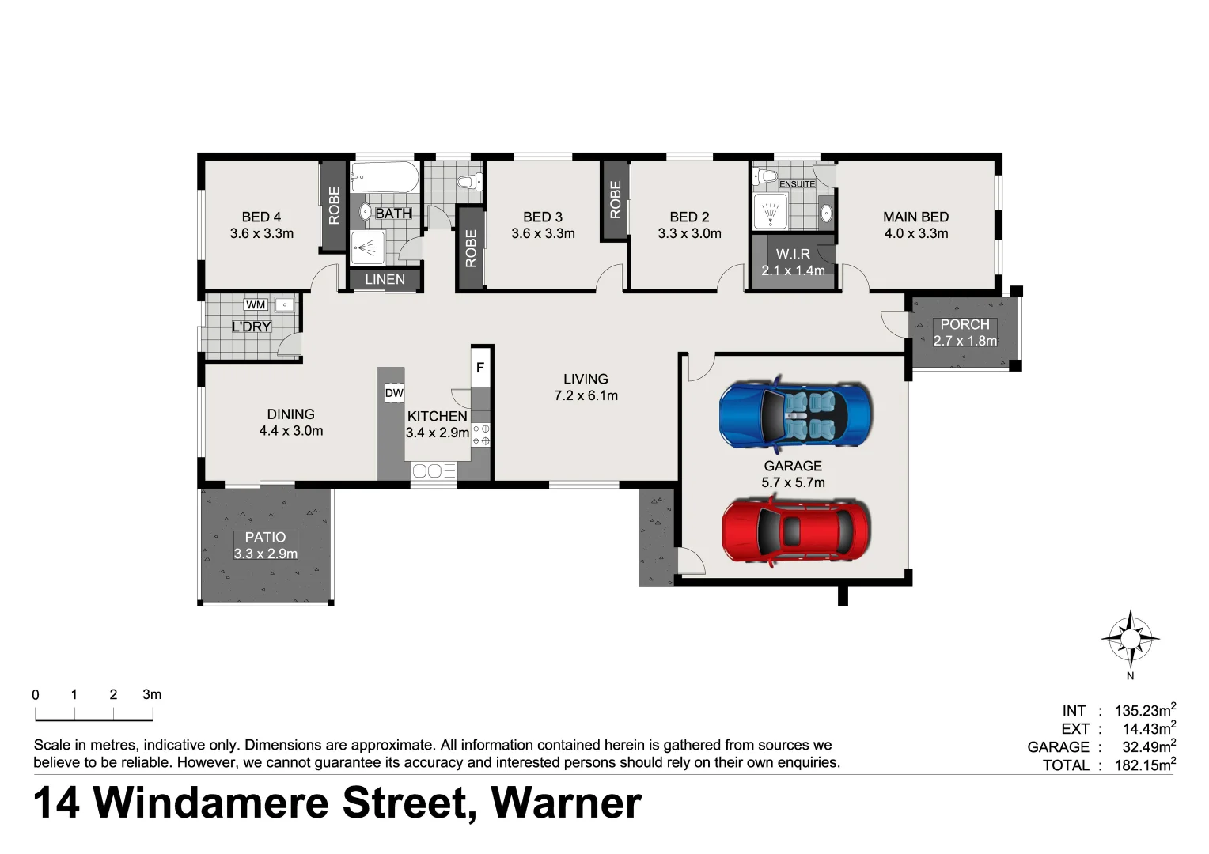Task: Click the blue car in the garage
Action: [x=795, y=415]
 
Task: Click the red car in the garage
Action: [x=796, y=531]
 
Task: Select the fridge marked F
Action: [x=479, y=368]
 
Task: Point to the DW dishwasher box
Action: [x=394, y=393]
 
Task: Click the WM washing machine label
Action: [x=256, y=304]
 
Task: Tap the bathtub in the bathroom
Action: [x=384, y=178]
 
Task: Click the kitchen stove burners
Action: [x=481, y=435]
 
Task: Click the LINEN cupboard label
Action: [x=385, y=279]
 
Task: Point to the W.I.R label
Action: [x=793, y=254]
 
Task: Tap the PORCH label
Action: [x=965, y=324]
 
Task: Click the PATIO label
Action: [x=265, y=537]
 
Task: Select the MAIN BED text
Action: [x=915, y=217]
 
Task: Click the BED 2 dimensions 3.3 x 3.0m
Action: [x=689, y=233]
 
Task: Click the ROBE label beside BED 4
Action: [x=334, y=206]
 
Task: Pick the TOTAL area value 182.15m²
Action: [x=1145, y=765]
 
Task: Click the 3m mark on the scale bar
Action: [x=152, y=695]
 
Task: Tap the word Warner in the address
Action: [x=566, y=803]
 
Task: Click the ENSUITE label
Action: [x=797, y=184]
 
